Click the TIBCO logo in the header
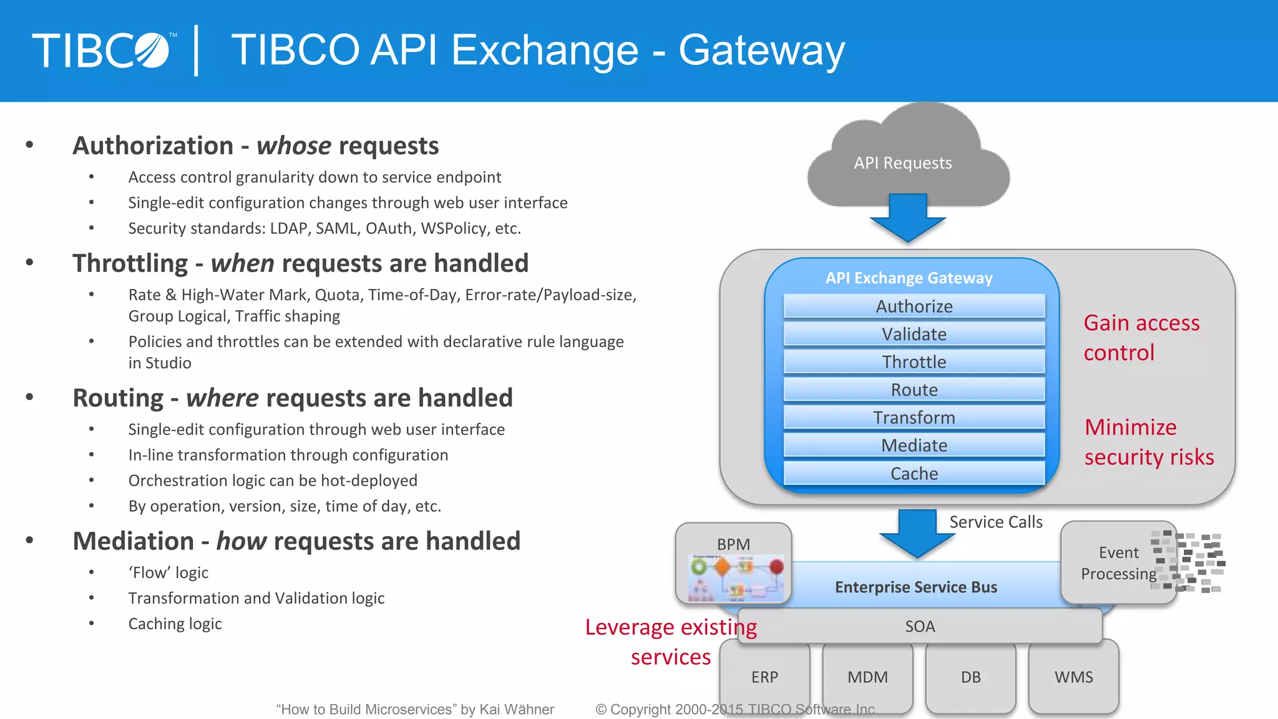pos(104,51)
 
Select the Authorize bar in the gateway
pos(914,306)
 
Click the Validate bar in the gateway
pos(914,334)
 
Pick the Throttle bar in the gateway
pos(914,362)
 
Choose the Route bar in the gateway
pos(914,389)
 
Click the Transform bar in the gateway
pos(914,418)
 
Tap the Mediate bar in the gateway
pos(914,445)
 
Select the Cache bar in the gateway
pos(914,473)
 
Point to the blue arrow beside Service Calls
pos(917,533)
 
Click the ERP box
pos(764,677)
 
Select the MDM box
pos(867,677)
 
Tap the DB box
pos(970,677)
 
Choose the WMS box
pos(1073,677)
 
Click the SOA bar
pos(920,626)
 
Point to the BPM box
pos(733,562)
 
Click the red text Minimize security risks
pos(1148,442)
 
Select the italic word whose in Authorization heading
pos(293,146)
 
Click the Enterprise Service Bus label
pos(915,587)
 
